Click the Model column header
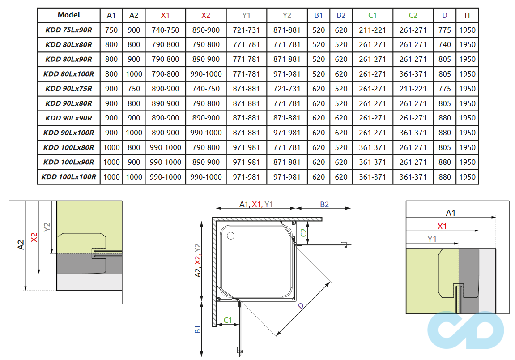pyautogui.click(x=68, y=15)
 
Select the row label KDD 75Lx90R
pyautogui.click(x=68, y=30)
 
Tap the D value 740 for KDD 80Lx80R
pyautogui.click(x=445, y=45)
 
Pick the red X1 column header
pyautogui.click(x=165, y=15)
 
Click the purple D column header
pyautogui.click(x=445, y=15)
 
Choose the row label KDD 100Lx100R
pyautogui.click(x=68, y=177)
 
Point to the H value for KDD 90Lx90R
pyautogui.click(x=467, y=118)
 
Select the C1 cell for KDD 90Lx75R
pyautogui.click(x=372, y=89)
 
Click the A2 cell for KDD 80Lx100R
pyautogui.click(x=134, y=74)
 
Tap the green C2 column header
pyautogui.click(x=413, y=15)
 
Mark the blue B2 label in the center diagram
pyautogui.click(x=324, y=204)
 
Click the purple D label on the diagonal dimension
pyautogui.click(x=301, y=306)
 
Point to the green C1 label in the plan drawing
pyautogui.click(x=227, y=320)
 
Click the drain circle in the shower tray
pyautogui.click(x=231, y=236)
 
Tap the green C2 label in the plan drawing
pyautogui.click(x=304, y=232)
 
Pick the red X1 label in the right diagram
pyautogui.click(x=442, y=227)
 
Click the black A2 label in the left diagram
pyautogui.click(x=21, y=244)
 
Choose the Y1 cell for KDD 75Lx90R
pyautogui.click(x=246, y=30)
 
